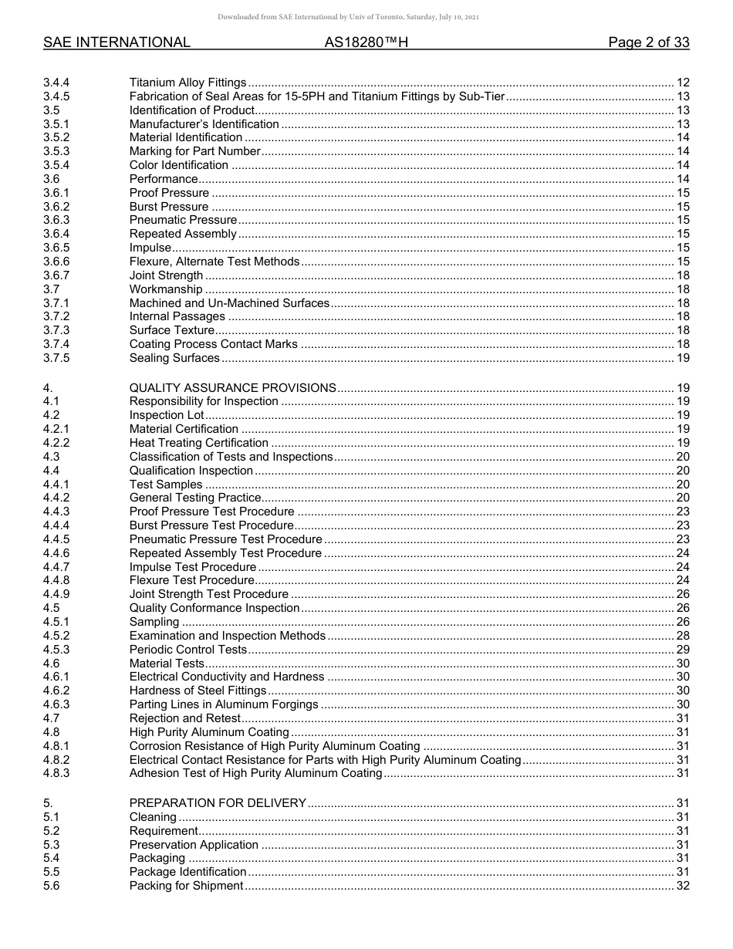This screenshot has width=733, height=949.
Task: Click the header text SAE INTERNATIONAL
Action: tap(117, 42)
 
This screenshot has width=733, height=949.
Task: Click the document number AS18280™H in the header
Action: tap(366, 42)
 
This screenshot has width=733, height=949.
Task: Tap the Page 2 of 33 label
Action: tap(648, 42)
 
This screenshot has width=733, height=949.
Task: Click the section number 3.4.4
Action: tap(56, 83)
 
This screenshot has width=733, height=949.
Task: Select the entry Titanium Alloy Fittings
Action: tap(187, 83)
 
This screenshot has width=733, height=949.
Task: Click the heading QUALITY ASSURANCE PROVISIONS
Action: tap(232, 388)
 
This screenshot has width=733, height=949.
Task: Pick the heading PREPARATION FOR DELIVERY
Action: tap(218, 803)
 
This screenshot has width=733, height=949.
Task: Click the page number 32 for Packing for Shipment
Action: tap(682, 886)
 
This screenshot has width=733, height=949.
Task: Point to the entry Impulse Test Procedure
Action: tap(192, 567)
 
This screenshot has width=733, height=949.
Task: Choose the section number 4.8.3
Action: tap(56, 773)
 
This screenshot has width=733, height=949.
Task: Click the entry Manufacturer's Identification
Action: tap(204, 124)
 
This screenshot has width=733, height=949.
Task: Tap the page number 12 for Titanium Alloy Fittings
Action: tap(682, 83)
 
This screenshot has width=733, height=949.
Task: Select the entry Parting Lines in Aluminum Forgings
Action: tap(224, 704)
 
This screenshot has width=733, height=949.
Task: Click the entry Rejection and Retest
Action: tap(184, 718)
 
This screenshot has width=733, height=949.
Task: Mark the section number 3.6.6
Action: tap(56, 262)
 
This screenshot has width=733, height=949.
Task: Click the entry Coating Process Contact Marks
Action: tap(213, 344)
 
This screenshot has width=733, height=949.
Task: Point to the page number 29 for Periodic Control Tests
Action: tap(682, 650)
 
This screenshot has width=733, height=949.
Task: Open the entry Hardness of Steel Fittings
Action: tap(198, 691)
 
